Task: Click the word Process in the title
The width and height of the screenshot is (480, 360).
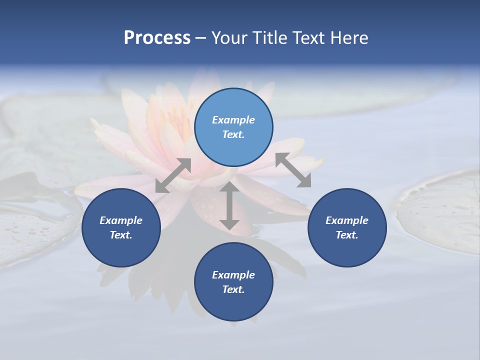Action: coord(157,38)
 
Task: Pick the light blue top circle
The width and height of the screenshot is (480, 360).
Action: coord(233,127)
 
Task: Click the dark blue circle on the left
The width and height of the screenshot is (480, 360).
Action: coord(121,227)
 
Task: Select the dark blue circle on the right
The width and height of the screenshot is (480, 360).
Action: coord(347,227)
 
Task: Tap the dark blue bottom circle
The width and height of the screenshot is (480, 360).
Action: coord(233,282)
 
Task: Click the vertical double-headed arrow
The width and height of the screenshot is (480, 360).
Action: coord(229,205)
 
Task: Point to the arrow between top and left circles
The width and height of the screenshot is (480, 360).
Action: coord(173,175)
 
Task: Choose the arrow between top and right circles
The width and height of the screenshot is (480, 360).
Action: coord(293,170)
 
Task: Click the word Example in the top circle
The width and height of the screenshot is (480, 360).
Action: coord(233,120)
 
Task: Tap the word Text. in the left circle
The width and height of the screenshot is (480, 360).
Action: coord(121,235)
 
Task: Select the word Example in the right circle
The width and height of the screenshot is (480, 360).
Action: coord(347,220)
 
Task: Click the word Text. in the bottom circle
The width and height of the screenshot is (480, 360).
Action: coord(233,289)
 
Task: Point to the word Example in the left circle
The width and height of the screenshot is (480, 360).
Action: coord(121,220)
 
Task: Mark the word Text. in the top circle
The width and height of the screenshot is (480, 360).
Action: coord(233,134)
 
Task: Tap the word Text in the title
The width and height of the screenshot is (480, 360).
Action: coord(309,38)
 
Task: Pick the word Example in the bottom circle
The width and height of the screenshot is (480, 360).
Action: coord(233,275)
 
